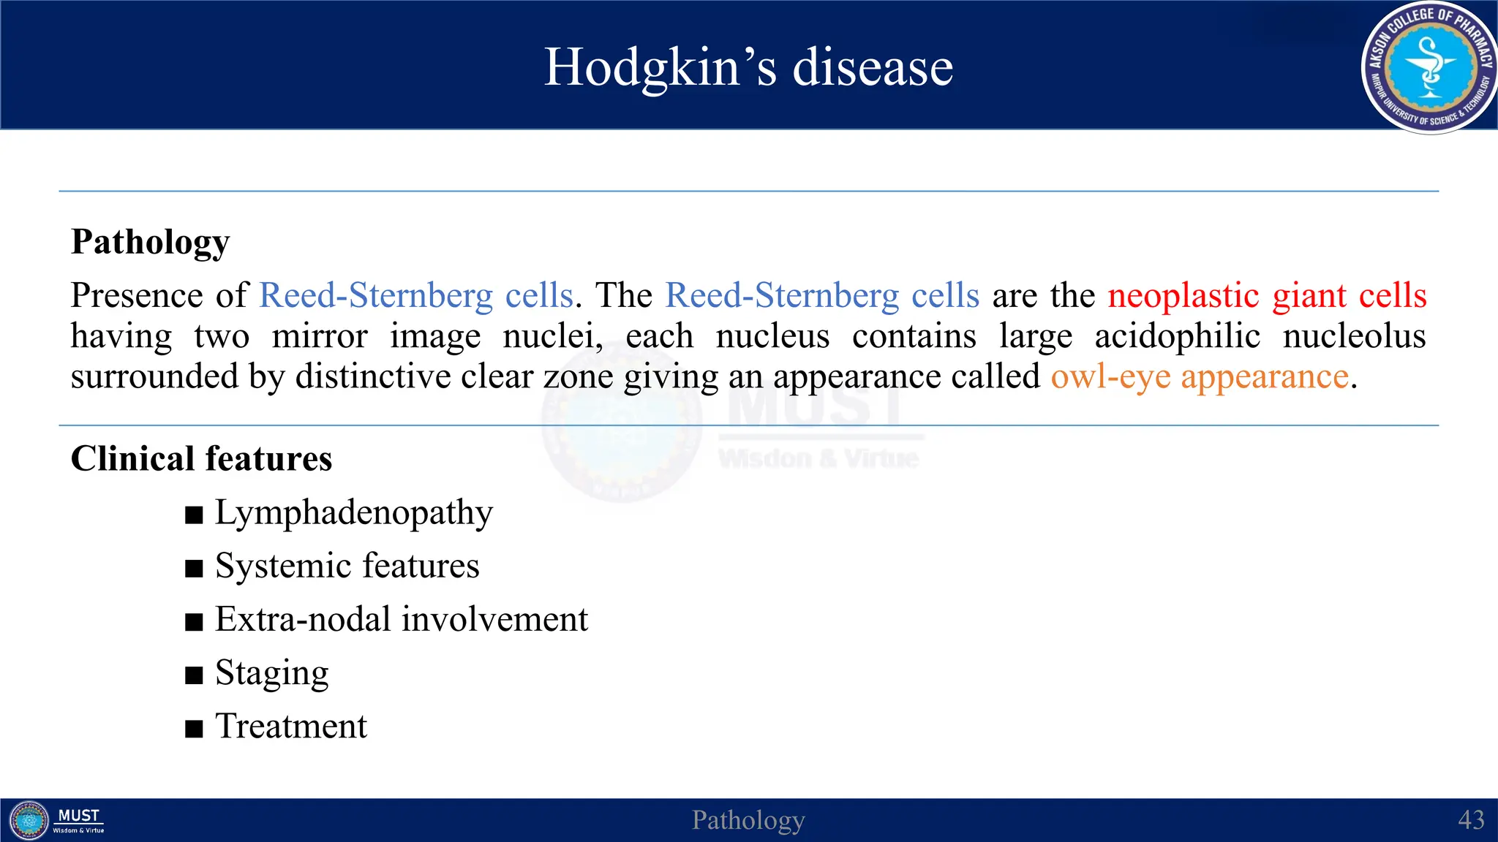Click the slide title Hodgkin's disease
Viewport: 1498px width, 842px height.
748,67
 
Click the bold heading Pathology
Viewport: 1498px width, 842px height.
150,242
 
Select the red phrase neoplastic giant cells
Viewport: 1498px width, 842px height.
1266,296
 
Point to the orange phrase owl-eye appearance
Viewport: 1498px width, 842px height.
1200,377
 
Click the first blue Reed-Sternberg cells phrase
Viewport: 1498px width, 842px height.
416,296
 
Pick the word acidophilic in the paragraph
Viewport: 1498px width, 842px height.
1177,336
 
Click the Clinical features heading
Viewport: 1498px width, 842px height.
201,459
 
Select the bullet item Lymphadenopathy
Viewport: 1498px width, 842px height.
353,513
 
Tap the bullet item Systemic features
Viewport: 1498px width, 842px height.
347,566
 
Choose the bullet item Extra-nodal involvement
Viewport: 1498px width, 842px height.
401,620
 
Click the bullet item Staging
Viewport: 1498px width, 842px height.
271,673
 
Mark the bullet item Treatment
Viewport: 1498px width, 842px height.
290,727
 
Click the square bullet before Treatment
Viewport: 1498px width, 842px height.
194,729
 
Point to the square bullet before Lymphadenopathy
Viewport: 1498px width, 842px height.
194,515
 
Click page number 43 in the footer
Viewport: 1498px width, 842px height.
1470,820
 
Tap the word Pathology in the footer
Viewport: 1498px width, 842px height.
748,820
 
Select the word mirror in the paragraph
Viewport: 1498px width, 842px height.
320,336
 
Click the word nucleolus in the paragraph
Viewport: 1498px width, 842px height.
1354,336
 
